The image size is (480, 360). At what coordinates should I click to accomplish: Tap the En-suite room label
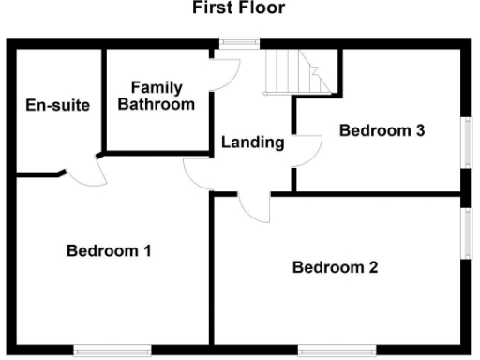(58, 104)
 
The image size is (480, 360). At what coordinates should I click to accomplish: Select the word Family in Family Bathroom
(156, 87)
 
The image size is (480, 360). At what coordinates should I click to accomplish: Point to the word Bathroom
(156, 104)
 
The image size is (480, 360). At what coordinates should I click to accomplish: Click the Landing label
(252, 143)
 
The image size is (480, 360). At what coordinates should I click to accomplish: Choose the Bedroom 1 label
(110, 250)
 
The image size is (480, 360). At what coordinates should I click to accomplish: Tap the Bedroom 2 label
(336, 268)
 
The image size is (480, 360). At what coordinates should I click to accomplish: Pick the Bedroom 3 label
(382, 130)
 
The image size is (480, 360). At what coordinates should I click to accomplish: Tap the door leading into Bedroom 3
(309, 150)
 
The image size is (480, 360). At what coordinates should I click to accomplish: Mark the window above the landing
(239, 41)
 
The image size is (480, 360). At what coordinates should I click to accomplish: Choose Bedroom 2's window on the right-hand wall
(466, 232)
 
